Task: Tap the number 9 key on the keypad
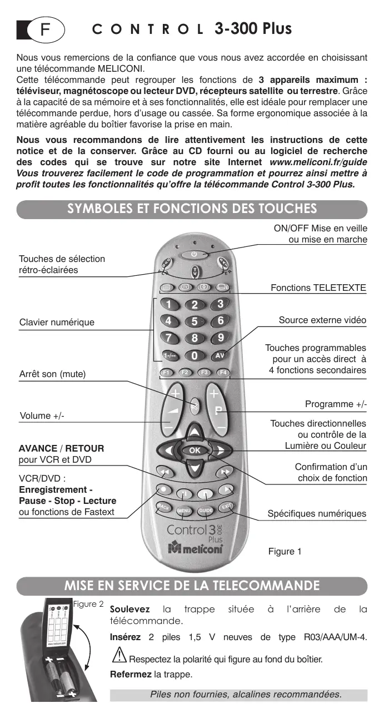coord(220,337)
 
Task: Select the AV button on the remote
coord(220,354)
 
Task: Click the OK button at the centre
coord(194,450)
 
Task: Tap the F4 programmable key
coord(223,372)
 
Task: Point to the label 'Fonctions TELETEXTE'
coord(318,288)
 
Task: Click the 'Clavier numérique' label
coord(57,322)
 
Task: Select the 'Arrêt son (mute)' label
coord(53,374)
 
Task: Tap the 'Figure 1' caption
coord(285,551)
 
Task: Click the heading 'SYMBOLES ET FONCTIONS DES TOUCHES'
coord(192,209)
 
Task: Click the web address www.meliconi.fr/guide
coord(318,162)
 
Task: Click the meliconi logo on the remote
coord(195,548)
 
